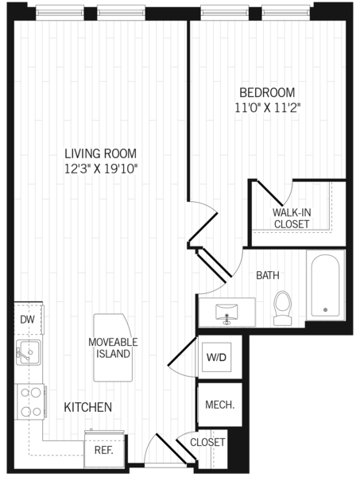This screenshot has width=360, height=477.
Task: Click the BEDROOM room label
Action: click(x=267, y=92)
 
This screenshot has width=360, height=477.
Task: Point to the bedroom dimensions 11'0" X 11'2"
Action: click(x=268, y=107)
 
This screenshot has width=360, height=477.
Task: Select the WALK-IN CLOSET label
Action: click(x=292, y=218)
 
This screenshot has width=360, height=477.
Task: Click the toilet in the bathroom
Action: click(x=283, y=308)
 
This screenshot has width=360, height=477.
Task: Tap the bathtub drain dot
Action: click(x=325, y=310)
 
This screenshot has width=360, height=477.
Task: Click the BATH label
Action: click(x=268, y=275)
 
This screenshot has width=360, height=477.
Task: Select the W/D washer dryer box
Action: click(x=217, y=357)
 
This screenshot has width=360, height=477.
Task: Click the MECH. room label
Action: click(x=220, y=405)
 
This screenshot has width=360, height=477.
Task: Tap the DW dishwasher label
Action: click(x=27, y=320)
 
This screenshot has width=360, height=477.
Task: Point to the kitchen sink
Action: click(x=28, y=352)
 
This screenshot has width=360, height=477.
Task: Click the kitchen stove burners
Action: click(x=31, y=401)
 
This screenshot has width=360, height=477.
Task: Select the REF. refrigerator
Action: click(x=105, y=448)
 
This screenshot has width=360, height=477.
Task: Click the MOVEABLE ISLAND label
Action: click(x=113, y=347)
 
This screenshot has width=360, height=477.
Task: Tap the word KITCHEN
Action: click(x=88, y=407)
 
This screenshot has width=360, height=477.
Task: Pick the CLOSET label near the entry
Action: click(x=207, y=442)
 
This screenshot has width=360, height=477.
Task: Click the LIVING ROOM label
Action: click(x=101, y=153)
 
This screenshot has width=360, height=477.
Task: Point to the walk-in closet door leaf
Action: click(x=270, y=193)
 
